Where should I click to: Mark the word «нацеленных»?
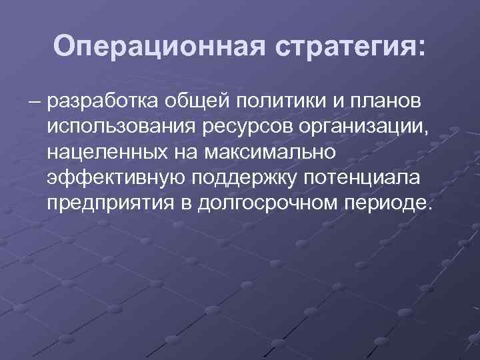tap(105, 153)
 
